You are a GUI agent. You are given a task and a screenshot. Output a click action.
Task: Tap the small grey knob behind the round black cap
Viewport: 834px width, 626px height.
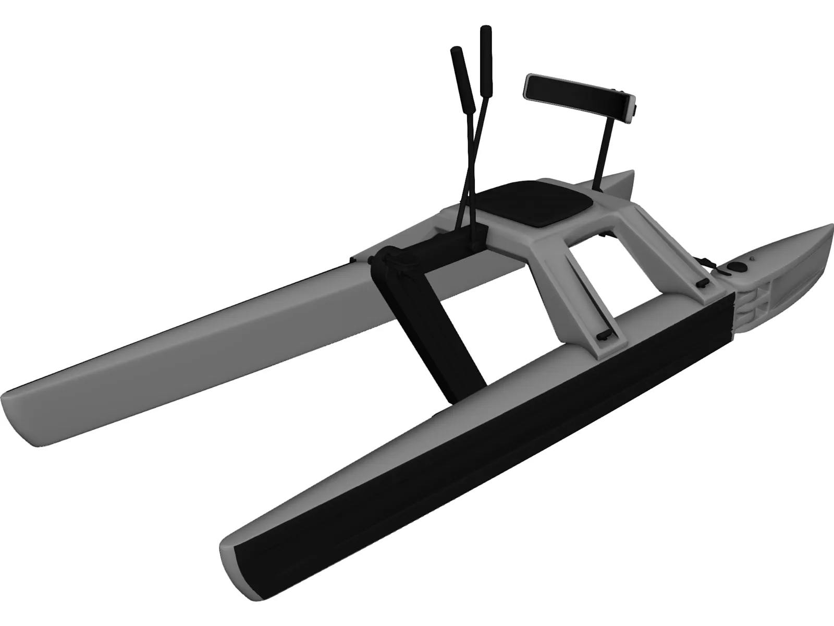click(754, 258)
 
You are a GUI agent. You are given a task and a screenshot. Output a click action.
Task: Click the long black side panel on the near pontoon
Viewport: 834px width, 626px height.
click(469, 428)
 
